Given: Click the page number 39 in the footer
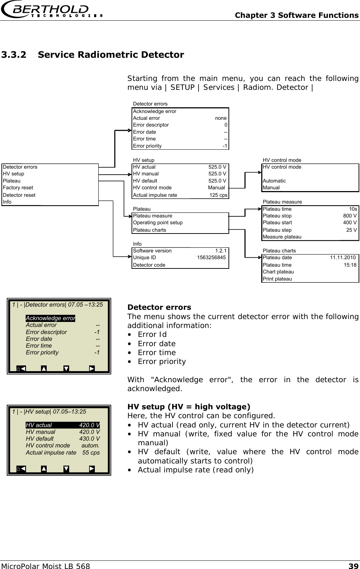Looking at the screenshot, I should (353, 565).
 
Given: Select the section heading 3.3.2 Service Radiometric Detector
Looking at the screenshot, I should (93, 55).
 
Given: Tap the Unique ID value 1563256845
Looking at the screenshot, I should (211, 257).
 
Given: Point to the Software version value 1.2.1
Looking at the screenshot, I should (221, 251).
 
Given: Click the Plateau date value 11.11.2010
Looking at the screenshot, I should (343, 257).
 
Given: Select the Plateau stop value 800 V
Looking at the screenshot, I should (350, 216).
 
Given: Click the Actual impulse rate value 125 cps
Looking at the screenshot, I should (218, 195).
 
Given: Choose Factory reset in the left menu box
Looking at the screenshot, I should (18, 188).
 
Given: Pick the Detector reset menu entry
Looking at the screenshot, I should (19, 195).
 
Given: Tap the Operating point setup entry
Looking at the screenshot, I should (158, 222).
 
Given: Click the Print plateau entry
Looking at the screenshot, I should (277, 279).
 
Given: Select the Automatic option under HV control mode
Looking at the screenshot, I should (274, 181).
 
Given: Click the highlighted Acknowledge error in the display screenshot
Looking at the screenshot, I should (50, 318).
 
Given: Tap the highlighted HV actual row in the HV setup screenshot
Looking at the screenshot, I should (62, 425).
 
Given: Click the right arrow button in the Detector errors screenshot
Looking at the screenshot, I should (92, 368).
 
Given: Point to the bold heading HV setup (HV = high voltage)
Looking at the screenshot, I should (189, 407).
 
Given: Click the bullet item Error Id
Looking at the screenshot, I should (152, 334).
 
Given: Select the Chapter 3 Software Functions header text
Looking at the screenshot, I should (297, 15).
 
